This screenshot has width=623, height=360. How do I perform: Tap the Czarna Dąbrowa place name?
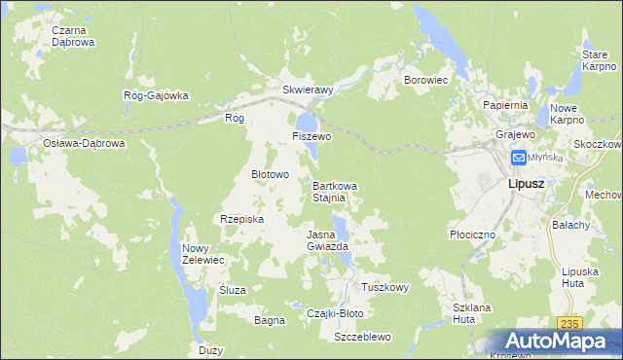(73, 36)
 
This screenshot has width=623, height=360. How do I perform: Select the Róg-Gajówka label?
(155, 95)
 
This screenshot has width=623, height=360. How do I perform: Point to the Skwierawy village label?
(308, 90)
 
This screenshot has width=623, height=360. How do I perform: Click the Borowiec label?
(424, 80)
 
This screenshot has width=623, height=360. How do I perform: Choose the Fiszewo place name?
(311, 137)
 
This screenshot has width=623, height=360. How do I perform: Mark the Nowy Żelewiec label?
(203, 254)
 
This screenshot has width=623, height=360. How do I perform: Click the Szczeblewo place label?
(361, 337)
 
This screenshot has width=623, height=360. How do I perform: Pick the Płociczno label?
(474, 234)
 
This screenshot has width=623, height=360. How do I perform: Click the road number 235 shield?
(569, 324)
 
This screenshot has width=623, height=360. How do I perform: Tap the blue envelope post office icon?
(519, 158)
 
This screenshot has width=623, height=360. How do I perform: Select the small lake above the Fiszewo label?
(307, 122)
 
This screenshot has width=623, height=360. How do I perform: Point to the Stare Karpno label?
(595, 59)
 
